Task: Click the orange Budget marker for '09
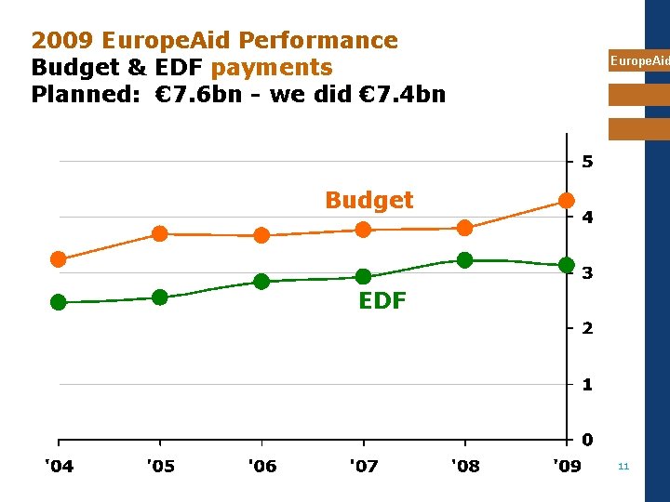(566, 201)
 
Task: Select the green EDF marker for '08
(464, 260)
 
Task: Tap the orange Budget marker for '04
(59, 259)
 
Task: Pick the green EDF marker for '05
(160, 297)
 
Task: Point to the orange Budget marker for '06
(261, 235)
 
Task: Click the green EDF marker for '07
(363, 276)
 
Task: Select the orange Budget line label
(368, 200)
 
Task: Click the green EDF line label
(382, 300)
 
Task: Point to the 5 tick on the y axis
(587, 162)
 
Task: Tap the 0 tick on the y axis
(587, 440)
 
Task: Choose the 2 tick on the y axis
(587, 329)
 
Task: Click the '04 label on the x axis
(59, 466)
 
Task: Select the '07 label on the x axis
(363, 466)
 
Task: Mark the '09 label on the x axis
(566, 466)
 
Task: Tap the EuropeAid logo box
(638, 61)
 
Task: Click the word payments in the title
(272, 68)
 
